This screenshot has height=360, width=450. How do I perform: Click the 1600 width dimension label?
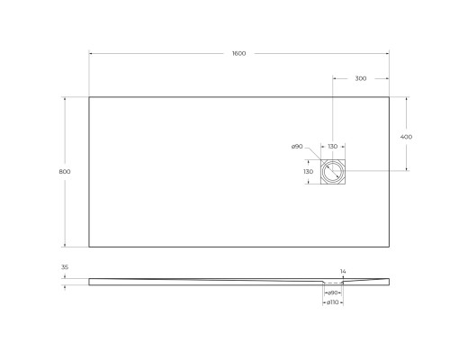click(x=238, y=54)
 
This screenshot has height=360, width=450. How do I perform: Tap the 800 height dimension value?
click(x=52, y=171)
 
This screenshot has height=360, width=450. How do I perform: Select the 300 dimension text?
click(x=360, y=78)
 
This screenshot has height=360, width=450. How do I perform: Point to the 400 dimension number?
click(x=406, y=136)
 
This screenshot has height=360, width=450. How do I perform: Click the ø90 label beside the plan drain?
click(x=296, y=147)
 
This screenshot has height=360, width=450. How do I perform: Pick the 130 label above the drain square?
click(x=332, y=147)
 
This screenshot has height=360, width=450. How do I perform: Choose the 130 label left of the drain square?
click(x=308, y=171)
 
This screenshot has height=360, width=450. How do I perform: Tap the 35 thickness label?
click(x=66, y=268)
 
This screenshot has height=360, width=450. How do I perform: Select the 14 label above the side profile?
click(x=343, y=270)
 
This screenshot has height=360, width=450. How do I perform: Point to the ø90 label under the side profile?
click(x=332, y=292)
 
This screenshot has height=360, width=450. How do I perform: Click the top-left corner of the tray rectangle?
click(x=89, y=96)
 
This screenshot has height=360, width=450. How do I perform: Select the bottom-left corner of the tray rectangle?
click(x=89, y=247)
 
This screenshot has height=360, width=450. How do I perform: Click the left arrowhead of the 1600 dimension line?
click(x=90, y=54)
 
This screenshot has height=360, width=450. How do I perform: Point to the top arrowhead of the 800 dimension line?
click(x=65, y=97)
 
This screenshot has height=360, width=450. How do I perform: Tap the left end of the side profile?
click(x=90, y=281)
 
